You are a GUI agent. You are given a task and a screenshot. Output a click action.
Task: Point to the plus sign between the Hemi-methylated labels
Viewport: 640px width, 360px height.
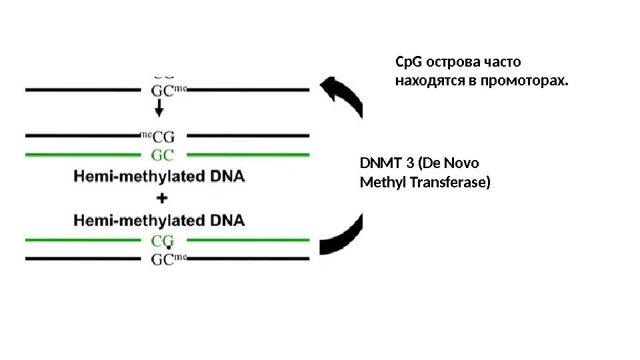161,198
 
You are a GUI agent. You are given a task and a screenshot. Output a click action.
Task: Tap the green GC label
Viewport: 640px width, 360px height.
163,155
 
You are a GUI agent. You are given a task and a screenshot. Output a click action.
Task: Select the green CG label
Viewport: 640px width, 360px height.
163,239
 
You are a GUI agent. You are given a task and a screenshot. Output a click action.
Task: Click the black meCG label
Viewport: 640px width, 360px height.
159,137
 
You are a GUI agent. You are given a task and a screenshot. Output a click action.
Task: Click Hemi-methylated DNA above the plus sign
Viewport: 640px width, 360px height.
159,177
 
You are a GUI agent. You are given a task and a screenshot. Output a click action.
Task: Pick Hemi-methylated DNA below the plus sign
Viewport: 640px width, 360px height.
159,219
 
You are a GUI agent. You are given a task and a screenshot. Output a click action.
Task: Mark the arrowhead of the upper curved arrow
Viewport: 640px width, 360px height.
333,89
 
